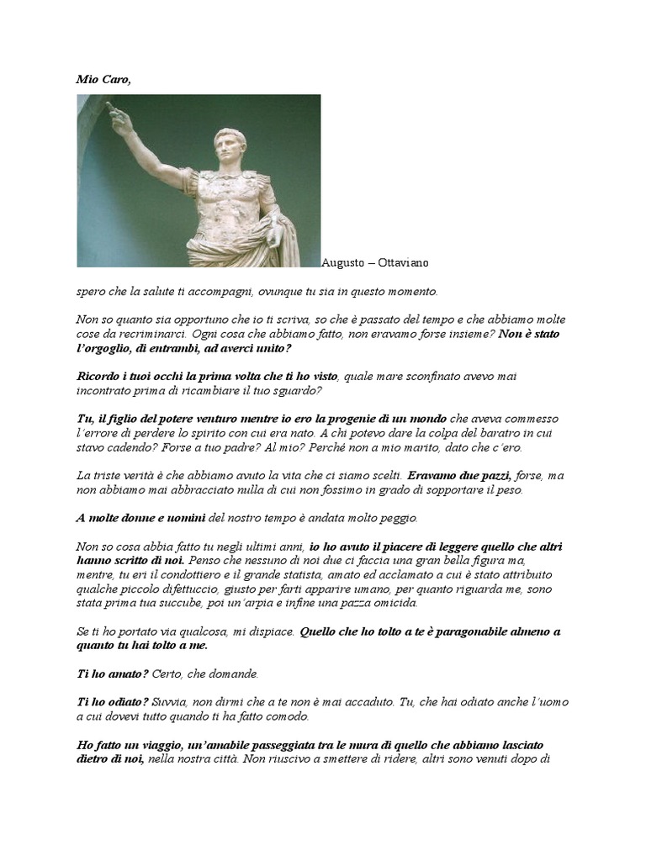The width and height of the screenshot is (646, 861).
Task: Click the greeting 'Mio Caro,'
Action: click(x=103, y=81)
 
